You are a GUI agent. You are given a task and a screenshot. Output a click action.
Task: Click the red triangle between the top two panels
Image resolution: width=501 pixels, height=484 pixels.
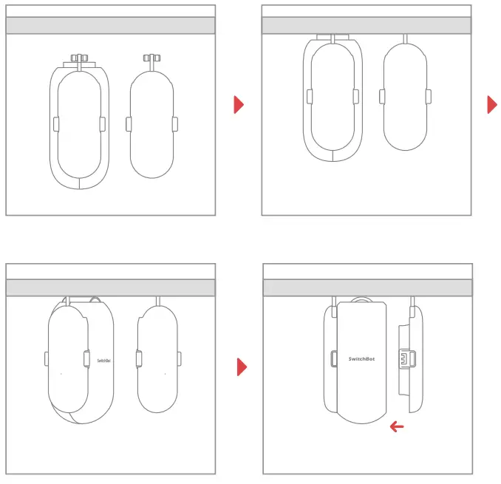pos(238,104)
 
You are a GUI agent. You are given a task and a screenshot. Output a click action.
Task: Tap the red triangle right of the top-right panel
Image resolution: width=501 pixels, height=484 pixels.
pos(491,104)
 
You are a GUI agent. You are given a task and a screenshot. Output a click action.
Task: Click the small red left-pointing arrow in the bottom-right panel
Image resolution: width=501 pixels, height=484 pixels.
pos(397,426)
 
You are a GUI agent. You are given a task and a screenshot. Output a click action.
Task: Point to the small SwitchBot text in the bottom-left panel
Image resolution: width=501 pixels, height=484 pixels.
pos(104,361)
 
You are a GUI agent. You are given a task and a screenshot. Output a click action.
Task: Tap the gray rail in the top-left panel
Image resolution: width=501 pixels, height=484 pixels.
pos(110,25)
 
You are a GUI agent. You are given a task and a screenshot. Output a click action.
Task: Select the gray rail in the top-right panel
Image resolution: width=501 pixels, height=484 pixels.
pos(366,25)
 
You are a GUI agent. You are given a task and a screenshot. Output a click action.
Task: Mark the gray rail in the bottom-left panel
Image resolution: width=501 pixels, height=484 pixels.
pos(110,287)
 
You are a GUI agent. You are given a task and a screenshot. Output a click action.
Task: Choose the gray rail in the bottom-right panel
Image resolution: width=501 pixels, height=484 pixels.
pos(366,287)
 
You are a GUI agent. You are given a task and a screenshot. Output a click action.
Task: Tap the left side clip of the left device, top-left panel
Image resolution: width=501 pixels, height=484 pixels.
pos(56,124)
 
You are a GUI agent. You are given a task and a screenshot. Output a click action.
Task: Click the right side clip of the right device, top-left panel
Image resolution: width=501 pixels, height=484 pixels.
pos(174,124)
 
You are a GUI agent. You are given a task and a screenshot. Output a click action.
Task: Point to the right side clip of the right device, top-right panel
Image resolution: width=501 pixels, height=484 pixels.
pos(429,96)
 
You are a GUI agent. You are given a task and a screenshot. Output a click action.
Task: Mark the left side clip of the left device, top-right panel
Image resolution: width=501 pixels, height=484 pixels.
pos(308,96)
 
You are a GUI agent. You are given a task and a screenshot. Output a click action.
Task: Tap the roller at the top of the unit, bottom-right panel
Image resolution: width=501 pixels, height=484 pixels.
pos(361,300)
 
